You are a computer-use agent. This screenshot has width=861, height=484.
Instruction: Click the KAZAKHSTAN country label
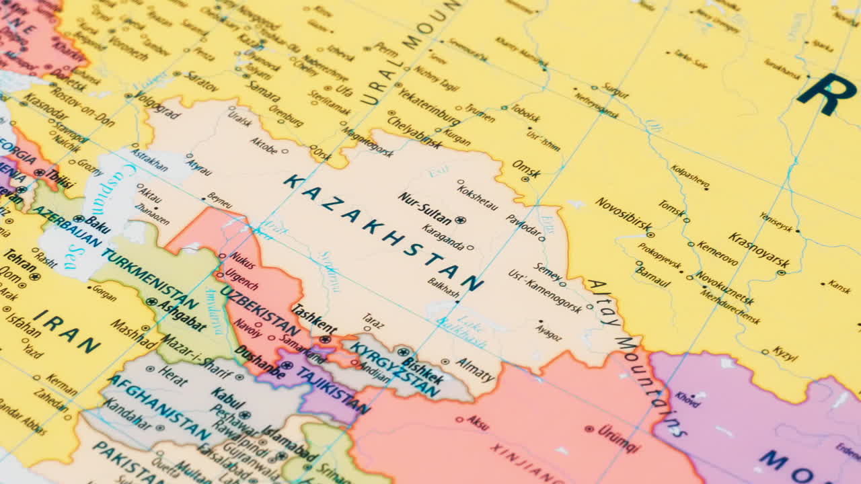pos(383,233)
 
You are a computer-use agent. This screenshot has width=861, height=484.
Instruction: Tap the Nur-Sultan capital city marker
pos(460,220)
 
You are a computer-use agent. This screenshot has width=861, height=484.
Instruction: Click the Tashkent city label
pos(313,319)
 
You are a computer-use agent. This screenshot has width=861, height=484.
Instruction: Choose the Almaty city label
pos(475,370)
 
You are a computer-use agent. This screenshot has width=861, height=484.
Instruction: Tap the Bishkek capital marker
pos(403,352)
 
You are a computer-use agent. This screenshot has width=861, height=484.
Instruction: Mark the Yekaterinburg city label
pos(428,108)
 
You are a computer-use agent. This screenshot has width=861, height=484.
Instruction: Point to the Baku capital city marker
pos(79,218)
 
